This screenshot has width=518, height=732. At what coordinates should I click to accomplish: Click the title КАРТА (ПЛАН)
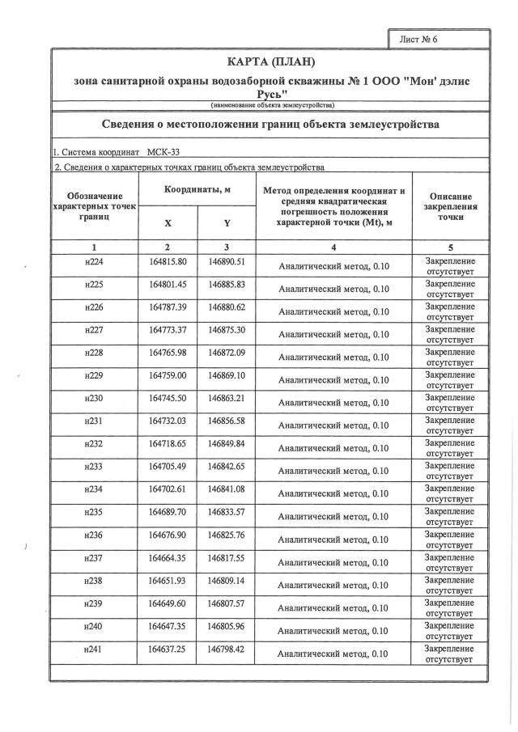(270, 62)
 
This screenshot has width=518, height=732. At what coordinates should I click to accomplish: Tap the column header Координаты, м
(197, 188)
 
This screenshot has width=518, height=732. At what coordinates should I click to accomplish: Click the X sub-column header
(168, 222)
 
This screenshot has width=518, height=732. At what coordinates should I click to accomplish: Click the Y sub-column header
(227, 222)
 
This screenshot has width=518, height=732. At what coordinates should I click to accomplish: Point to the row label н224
(95, 262)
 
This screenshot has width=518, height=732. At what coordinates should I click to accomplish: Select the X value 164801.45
(168, 285)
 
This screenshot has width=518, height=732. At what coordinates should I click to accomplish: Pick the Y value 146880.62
(227, 307)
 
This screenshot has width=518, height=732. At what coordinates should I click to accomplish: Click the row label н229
(95, 376)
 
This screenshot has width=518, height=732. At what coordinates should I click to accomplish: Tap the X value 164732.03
(168, 421)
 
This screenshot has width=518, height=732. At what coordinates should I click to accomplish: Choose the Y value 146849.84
(227, 444)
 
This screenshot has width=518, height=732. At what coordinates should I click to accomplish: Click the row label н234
(95, 490)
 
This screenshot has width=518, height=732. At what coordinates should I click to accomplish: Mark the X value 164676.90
(168, 535)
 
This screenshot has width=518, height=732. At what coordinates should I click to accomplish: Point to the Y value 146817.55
(227, 558)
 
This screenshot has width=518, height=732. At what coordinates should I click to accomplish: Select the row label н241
(95, 649)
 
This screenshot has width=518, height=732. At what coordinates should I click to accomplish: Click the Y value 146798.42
(227, 649)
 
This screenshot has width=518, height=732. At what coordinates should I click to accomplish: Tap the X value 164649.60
(168, 604)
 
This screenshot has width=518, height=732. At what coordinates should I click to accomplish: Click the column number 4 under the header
(333, 247)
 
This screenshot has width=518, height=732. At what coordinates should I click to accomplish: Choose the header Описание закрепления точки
(451, 207)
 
